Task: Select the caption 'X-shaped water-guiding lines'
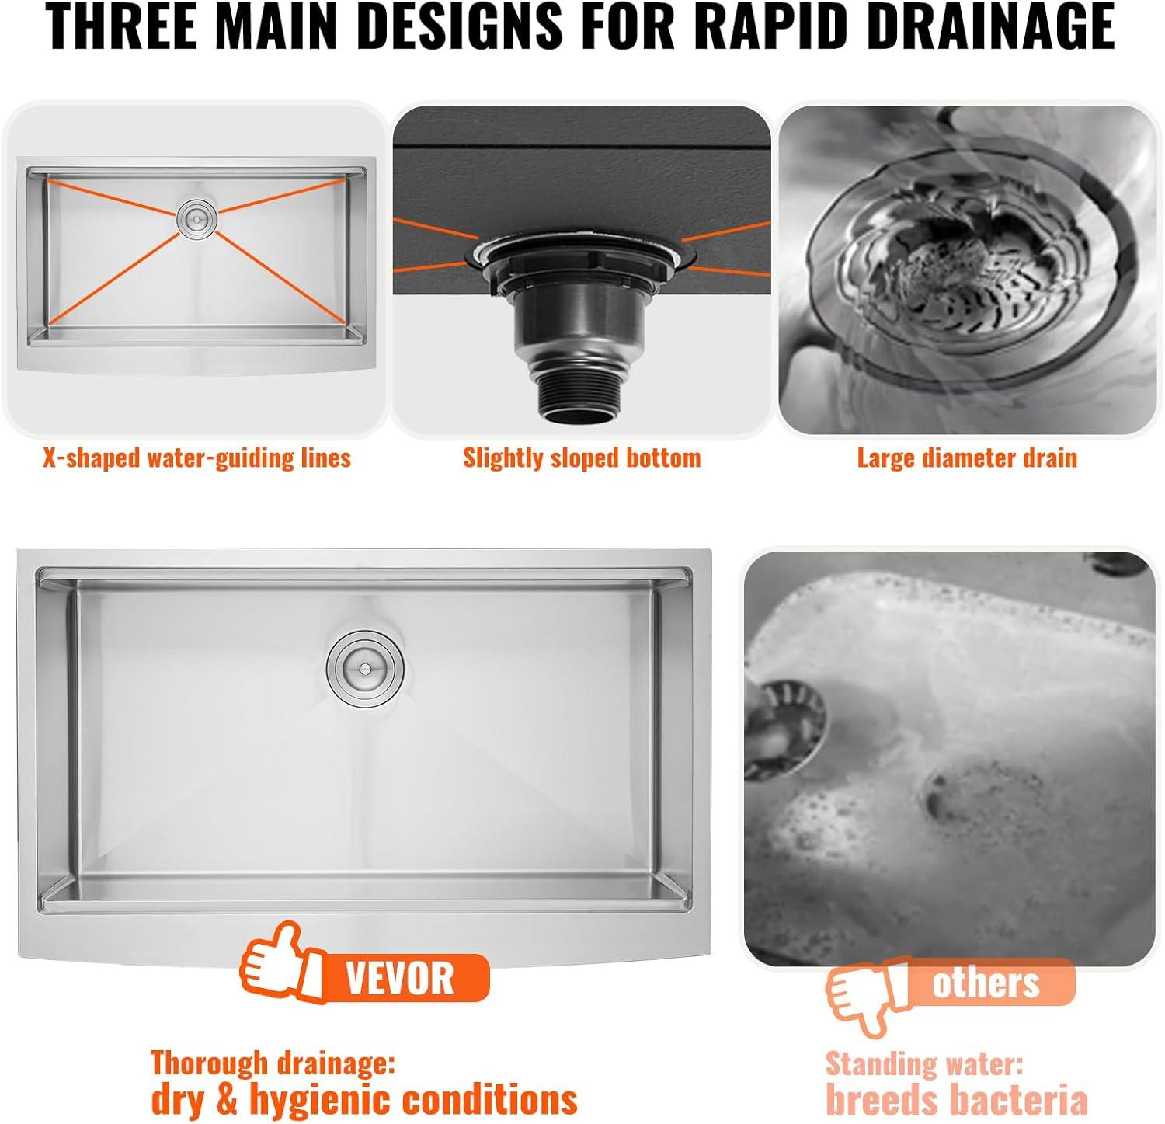click(197, 458)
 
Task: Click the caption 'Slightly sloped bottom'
click(582, 458)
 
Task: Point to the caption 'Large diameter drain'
click(967, 458)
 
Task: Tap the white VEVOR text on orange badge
click(400, 979)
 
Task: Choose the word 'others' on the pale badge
click(986, 983)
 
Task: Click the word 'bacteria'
click(1017, 1101)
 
